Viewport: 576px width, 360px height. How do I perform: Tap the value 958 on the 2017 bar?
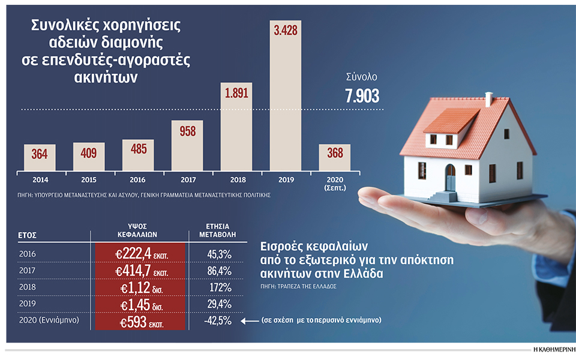(187, 131)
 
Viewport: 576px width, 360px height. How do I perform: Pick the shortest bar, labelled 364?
(40, 157)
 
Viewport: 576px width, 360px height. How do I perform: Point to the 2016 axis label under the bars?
(138, 179)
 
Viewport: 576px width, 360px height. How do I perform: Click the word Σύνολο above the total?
(362, 77)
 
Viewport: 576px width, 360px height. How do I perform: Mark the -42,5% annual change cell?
(217, 320)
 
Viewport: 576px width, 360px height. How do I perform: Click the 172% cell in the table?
(217, 287)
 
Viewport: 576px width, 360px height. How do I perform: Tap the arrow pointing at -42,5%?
(250, 320)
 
